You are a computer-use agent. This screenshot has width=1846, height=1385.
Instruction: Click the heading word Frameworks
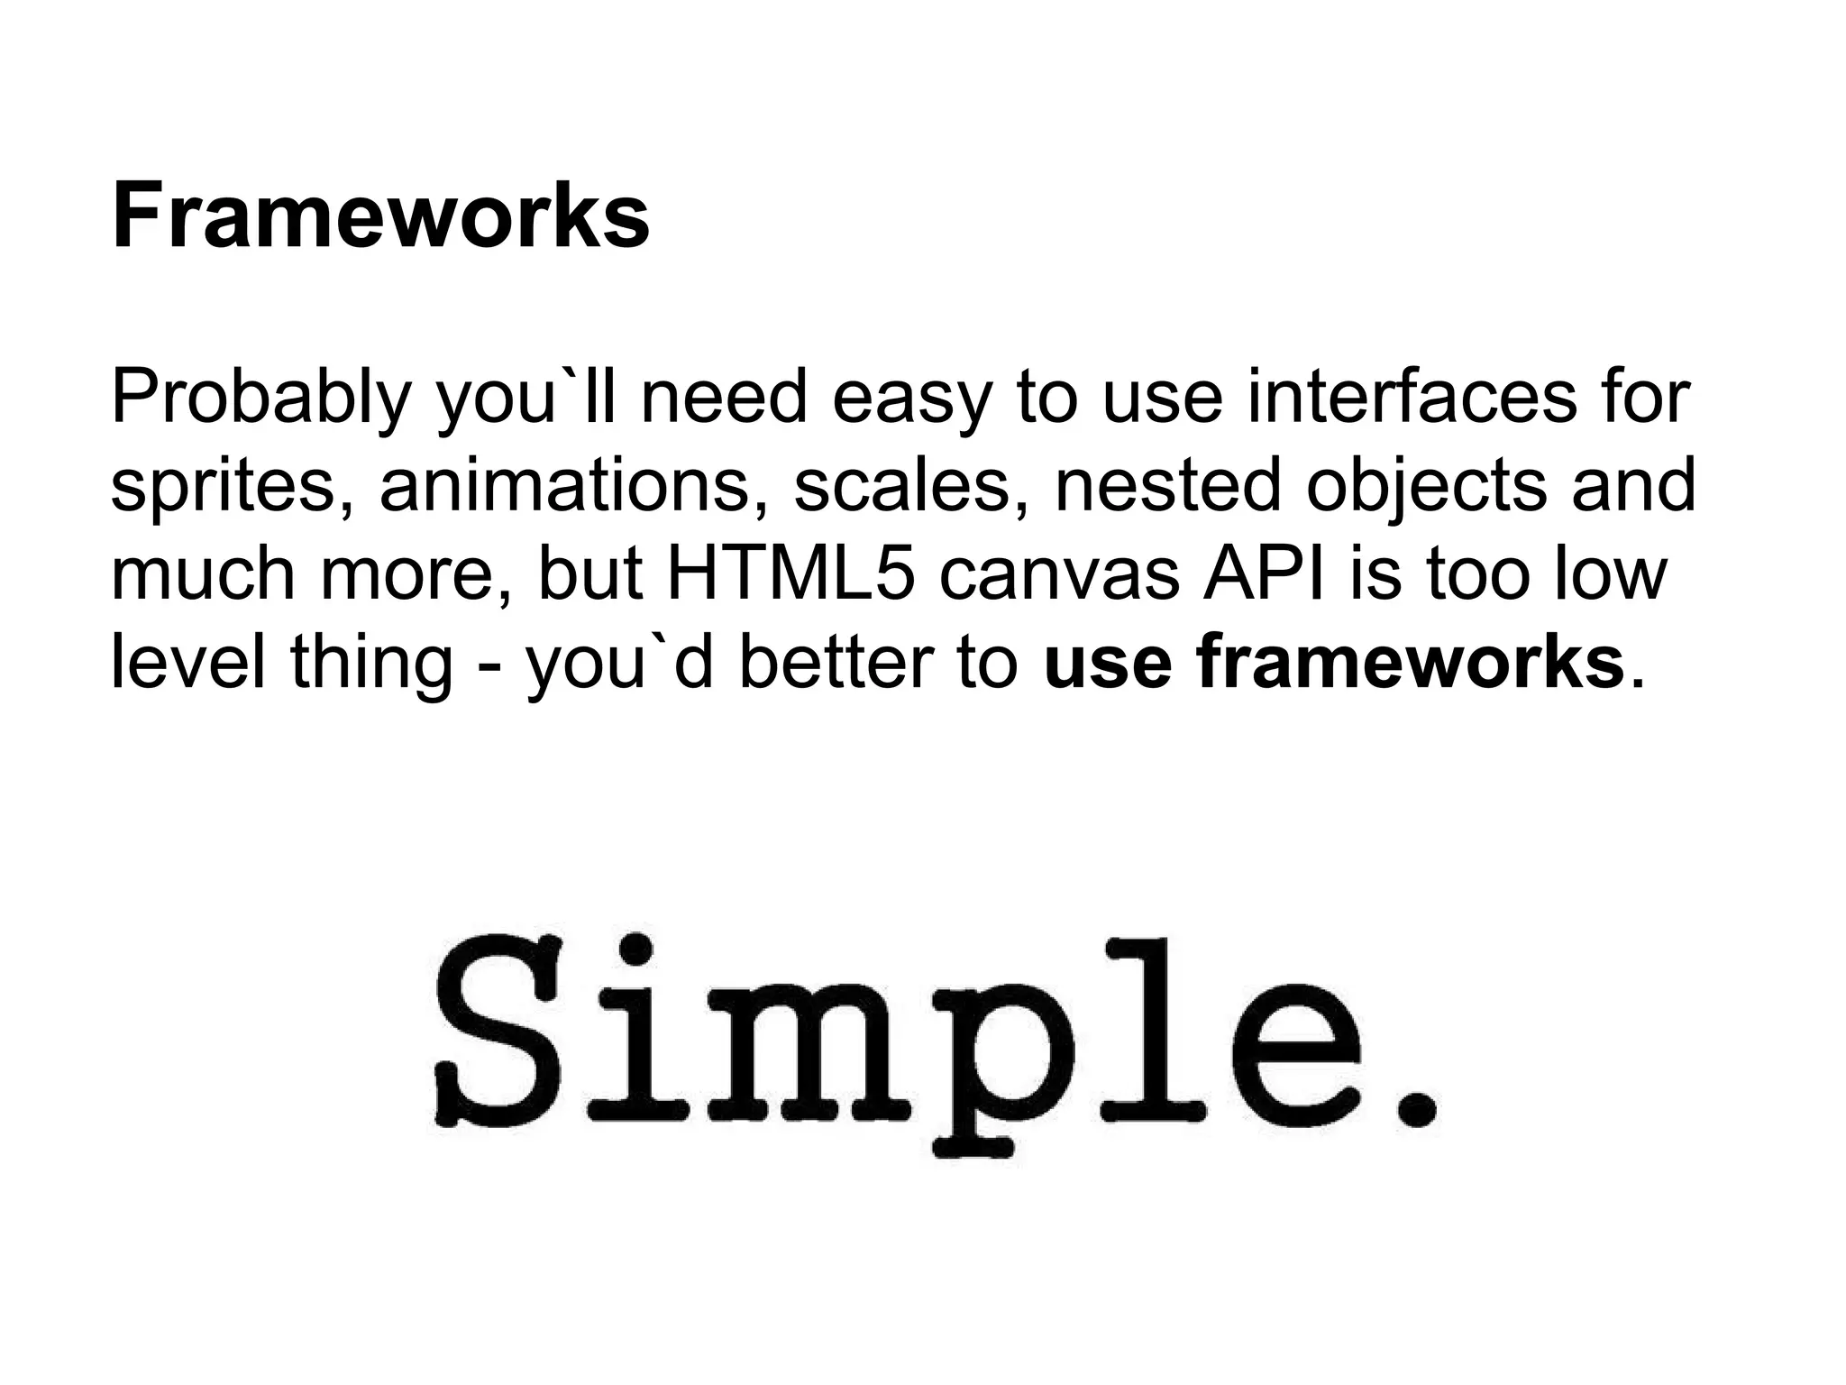click(379, 217)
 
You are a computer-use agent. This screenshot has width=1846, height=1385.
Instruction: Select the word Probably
click(259, 399)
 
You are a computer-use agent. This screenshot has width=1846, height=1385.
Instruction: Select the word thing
click(371, 664)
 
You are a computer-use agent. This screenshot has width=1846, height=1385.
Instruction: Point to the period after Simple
click(1416, 1106)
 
